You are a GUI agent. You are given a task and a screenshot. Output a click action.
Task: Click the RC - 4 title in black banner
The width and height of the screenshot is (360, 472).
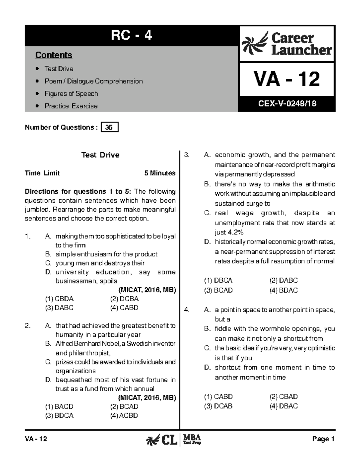(131, 36)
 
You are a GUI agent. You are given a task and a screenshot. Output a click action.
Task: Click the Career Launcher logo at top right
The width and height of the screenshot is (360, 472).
(287, 44)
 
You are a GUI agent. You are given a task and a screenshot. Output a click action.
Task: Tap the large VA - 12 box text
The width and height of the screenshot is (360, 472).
(286, 79)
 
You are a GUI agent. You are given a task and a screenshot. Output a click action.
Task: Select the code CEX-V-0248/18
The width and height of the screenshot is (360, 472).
(287, 104)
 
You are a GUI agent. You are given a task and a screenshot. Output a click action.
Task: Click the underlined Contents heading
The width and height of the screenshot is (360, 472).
(54, 55)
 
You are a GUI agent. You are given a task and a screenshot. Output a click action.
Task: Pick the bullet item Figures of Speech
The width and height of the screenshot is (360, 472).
(71, 94)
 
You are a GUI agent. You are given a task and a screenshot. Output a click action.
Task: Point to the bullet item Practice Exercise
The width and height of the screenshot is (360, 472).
(71, 106)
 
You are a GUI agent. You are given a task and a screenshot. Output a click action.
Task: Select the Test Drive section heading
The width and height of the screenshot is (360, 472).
(100, 155)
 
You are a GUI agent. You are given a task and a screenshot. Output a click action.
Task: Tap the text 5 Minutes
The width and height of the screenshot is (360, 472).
(160, 173)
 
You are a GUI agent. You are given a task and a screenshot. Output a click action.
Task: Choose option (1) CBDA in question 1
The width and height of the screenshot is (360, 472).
(59, 299)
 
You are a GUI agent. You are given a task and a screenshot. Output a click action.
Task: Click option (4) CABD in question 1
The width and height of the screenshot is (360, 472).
(124, 308)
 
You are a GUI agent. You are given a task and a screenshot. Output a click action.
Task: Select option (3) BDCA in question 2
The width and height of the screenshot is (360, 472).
(59, 416)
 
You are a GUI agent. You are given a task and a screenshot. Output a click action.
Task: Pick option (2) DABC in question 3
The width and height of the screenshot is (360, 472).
(283, 280)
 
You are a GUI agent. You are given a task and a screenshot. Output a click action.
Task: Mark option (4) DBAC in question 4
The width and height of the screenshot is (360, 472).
(283, 406)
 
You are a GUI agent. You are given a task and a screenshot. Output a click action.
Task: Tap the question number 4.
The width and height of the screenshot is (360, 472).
(187, 310)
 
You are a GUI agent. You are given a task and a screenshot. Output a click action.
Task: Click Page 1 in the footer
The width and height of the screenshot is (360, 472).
(323, 439)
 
